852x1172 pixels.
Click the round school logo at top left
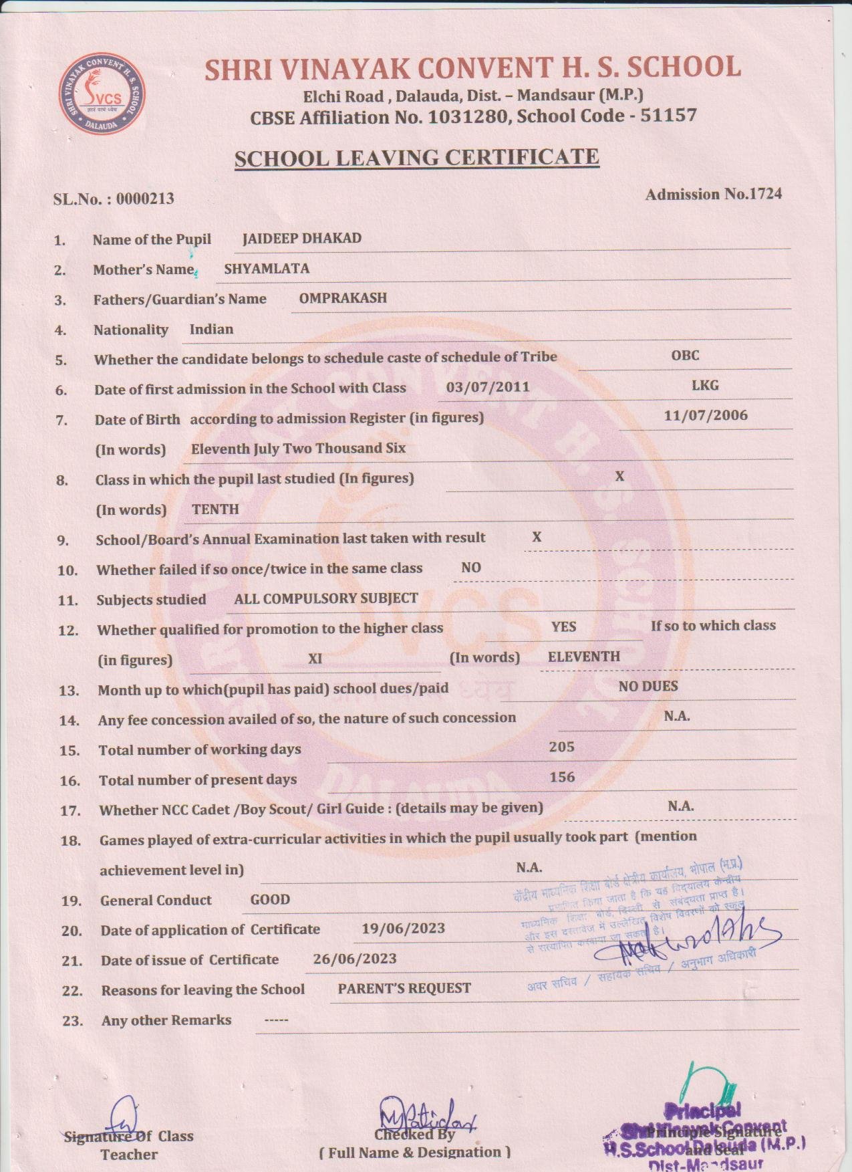pos(102,94)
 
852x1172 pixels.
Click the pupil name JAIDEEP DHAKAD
pos(301,239)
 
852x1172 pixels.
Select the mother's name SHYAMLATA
pos(267,269)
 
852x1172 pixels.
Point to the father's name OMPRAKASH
pos(343,298)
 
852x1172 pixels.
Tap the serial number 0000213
pos(145,199)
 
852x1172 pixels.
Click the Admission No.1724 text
pos(713,194)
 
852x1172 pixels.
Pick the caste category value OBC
pos(685,355)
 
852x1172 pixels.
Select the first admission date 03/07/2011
pos(488,386)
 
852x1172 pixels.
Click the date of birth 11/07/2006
pos(706,415)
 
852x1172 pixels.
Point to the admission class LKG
pos(705,385)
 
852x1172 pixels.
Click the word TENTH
pos(215,509)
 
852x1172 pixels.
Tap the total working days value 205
pos(561,747)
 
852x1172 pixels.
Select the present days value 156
pos(561,777)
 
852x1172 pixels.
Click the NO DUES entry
pos(648,686)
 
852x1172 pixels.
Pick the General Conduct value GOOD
pos(270,900)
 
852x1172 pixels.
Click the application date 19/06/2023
pos(403,929)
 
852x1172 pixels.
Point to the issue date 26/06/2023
pos(354,959)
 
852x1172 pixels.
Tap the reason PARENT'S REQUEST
pos(404,988)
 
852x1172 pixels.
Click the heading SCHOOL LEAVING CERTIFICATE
pos(416,158)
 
